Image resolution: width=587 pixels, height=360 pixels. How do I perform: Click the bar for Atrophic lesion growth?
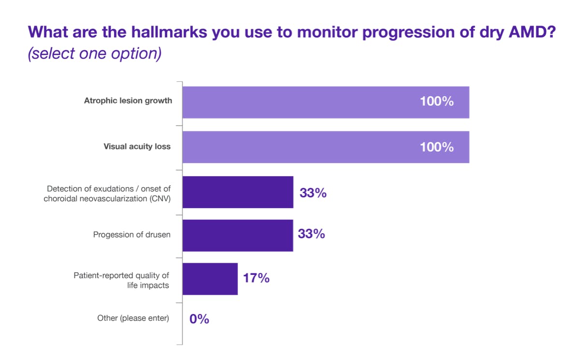click(325, 102)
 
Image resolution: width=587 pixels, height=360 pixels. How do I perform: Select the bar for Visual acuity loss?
click(325, 147)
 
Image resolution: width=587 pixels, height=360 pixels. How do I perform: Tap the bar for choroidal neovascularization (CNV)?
click(237, 192)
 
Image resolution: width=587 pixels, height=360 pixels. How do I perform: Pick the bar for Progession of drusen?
click(237, 235)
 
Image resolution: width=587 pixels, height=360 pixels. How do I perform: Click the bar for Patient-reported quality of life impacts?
click(210, 279)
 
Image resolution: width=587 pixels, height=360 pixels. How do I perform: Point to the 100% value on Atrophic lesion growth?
click(437, 102)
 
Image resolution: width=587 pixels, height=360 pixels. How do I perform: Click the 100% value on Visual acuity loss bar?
click(437, 147)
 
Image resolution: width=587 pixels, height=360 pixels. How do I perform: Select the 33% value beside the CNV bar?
click(313, 193)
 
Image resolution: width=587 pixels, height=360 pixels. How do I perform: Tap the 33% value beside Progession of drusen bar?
click(311, 234)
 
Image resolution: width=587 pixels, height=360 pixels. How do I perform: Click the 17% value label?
click(256, 278)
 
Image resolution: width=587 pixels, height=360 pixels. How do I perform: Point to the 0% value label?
click(199, 319)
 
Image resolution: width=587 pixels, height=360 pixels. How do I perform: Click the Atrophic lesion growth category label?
click(128, 101)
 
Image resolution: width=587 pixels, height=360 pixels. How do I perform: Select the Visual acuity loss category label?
click(137, 146)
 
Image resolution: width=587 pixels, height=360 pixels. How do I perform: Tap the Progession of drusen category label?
click(132, 235)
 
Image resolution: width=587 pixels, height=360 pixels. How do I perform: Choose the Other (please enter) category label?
click(133, 318)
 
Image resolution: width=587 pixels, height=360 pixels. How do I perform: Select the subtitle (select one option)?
click(94, 53)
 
